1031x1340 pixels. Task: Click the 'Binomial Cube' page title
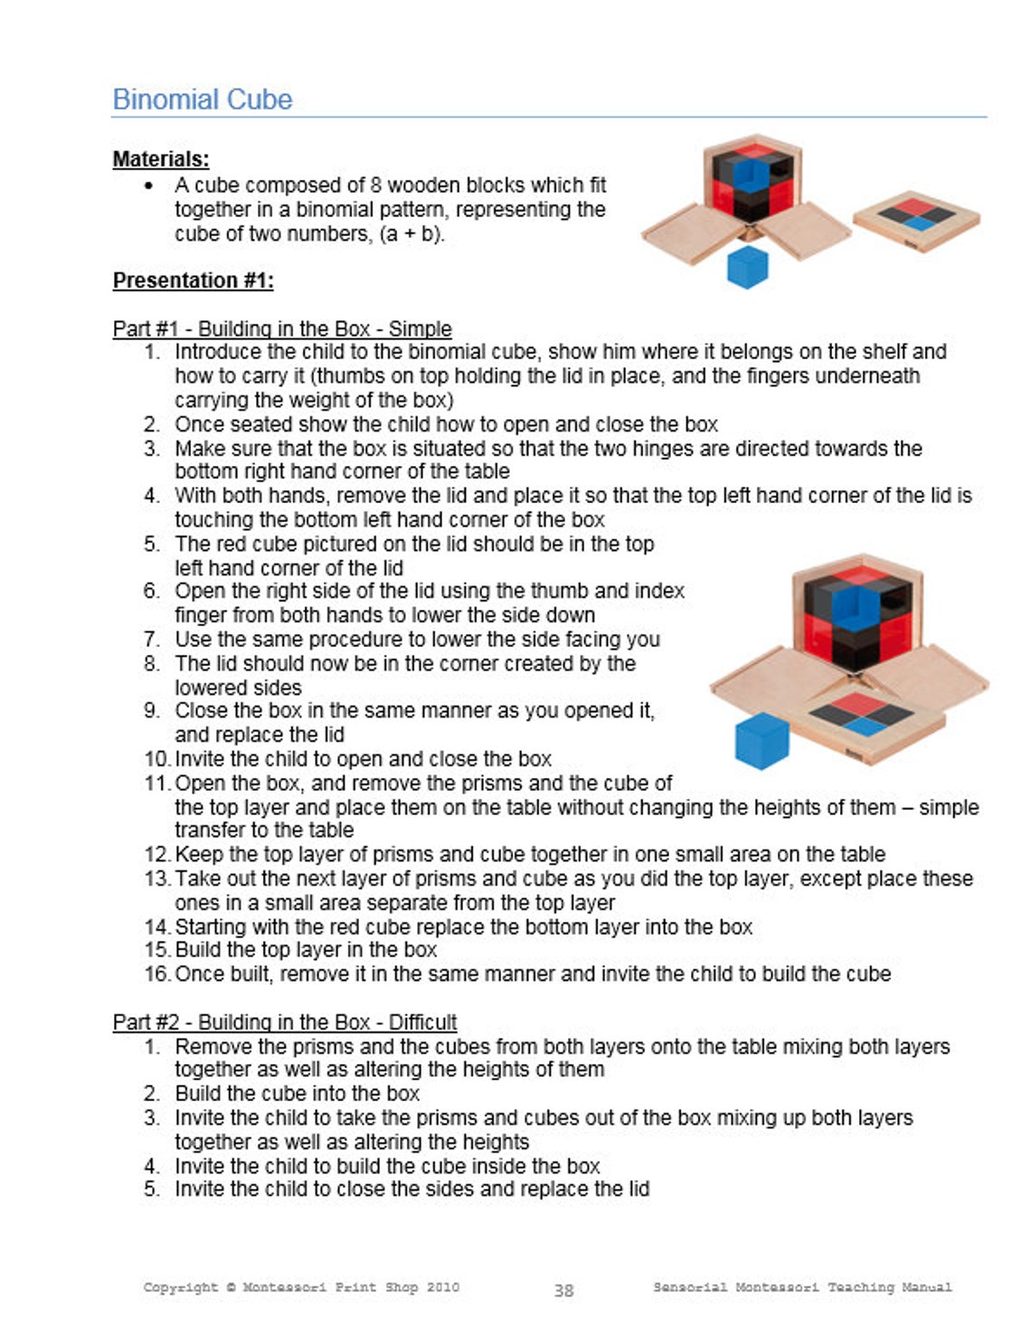202,100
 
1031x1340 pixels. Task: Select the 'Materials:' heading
160,159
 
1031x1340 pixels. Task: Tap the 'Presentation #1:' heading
193,280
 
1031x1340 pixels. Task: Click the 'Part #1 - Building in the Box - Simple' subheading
281,328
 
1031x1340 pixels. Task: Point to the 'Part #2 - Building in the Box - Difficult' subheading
284,1022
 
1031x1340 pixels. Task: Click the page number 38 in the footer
563,1290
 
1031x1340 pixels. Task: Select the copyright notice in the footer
300,1288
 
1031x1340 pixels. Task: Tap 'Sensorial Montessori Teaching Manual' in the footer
802,1288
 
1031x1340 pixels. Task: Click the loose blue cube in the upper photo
747,268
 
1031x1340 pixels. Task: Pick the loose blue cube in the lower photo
761,741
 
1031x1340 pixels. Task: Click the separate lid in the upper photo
916,220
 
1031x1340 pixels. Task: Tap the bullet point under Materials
148,185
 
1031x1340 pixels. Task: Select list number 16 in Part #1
156,974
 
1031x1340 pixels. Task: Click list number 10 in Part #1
156,759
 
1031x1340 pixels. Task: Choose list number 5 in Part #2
152,1189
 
